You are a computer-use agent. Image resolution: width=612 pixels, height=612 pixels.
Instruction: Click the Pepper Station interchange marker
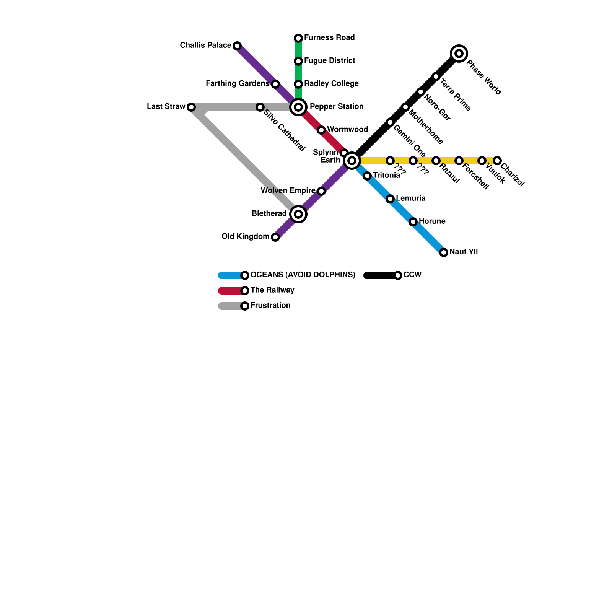click(298, 107)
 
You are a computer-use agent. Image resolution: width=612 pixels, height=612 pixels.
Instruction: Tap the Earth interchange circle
click(352, 160)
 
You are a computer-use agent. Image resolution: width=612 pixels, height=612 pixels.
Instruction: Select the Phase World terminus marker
click(459, 53)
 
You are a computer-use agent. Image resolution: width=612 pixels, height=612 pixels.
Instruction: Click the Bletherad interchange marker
click(298, 214)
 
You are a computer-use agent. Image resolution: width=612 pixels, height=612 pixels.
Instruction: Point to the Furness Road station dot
click(298, 38)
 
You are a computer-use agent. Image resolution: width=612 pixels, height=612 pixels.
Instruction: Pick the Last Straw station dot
click(191, 107)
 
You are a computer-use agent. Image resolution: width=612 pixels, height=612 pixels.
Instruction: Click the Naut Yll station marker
click(444, 252)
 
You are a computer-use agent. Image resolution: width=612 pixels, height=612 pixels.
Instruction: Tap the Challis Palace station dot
click(237, 46)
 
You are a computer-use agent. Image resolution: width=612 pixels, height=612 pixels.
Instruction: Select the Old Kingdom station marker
click(275, 237)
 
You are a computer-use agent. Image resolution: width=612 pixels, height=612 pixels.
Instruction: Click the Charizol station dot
click(497, 160)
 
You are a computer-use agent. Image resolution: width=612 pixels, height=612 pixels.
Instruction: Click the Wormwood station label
click(347, 129)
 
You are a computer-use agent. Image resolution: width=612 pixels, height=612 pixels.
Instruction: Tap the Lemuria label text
click(410, 198)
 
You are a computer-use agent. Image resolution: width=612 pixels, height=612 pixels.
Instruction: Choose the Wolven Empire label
click(288, 190)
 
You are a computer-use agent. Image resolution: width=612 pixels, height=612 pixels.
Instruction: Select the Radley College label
click(331, 83)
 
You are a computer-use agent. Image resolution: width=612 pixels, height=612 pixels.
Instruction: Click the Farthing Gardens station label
click(238, 83)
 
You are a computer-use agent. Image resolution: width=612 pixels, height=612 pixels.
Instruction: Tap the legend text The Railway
click(272, 290)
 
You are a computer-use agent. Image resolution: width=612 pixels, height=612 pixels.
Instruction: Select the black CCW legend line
click(379, 275)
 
